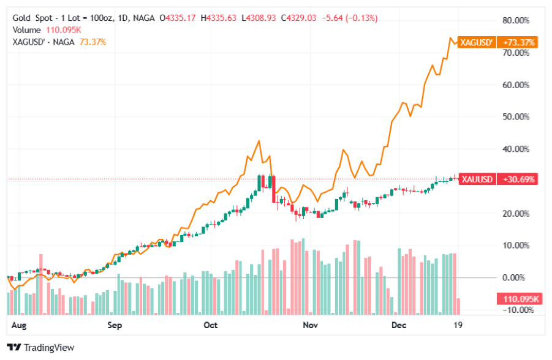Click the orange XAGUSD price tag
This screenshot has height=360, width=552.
[x=476, y=43]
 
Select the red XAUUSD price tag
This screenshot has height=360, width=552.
[x=476, y=179]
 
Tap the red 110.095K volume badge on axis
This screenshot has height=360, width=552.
[x=518, y=299]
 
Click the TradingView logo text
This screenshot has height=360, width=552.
[x=49, y=348]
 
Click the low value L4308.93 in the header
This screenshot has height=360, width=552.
[x=262, y=18]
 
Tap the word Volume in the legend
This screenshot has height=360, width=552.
[x=28, y=30]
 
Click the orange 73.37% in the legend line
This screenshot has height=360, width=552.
[x=93, y=42]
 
